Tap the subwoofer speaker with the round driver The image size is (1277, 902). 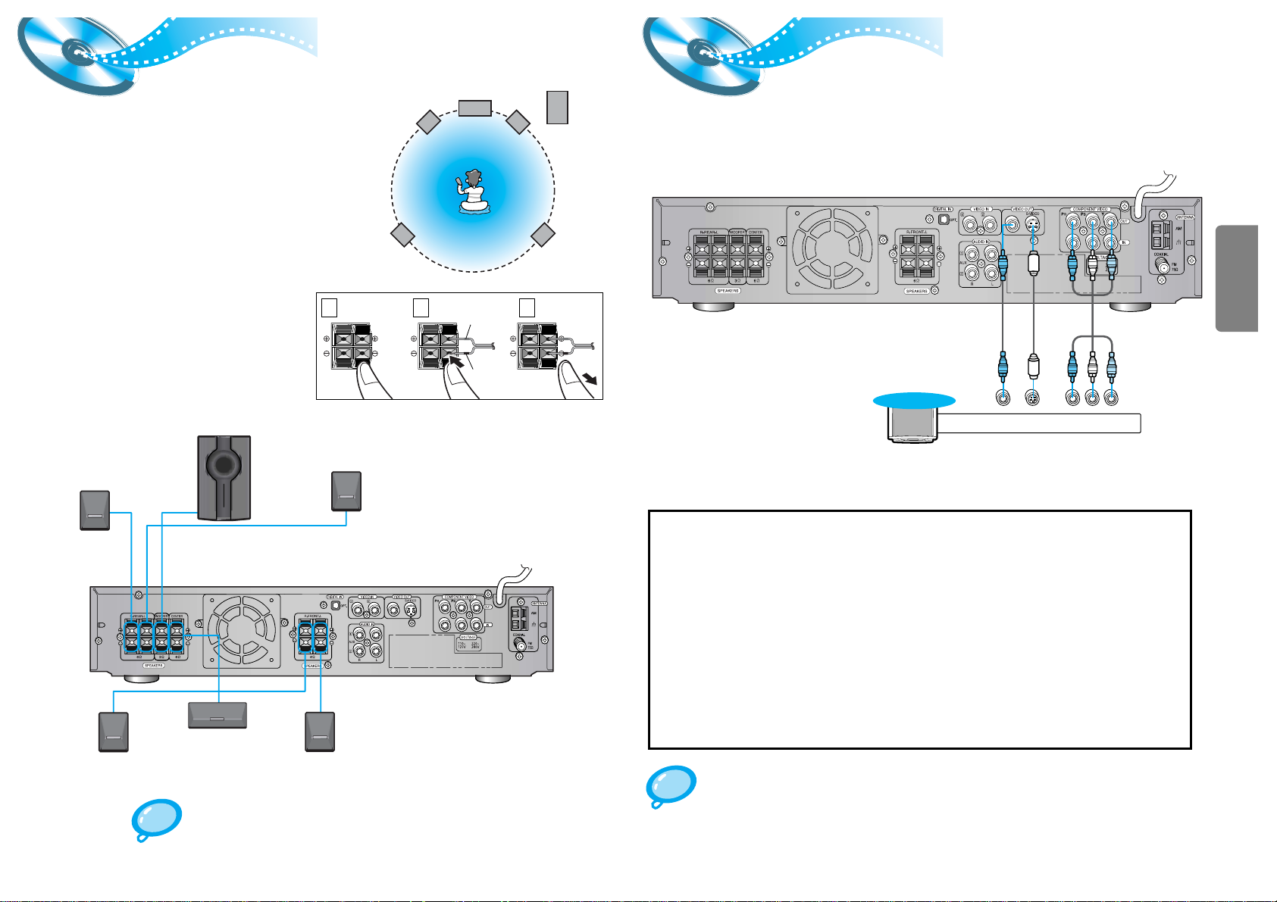(223, 477)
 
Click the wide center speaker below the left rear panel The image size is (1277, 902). (218, 715)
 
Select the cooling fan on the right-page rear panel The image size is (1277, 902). (831, 250)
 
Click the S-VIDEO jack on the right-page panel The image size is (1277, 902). (1032, 224)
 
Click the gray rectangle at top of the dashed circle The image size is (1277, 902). (475, 108)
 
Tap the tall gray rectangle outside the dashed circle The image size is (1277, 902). (557, 107)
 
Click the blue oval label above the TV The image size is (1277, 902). (914, 401)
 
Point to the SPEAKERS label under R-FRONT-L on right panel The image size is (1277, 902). (915, 291)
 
